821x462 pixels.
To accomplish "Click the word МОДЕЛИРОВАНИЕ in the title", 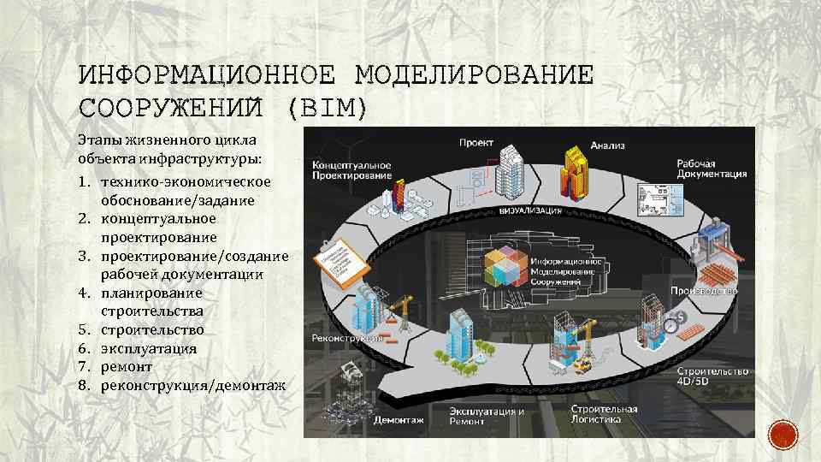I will [473, 76].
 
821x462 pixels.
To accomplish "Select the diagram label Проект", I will [476, 142].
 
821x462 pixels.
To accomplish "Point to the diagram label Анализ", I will [607, 145].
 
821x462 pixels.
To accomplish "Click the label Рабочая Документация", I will [712, 168].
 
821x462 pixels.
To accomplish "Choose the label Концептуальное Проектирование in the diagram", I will [351, 169].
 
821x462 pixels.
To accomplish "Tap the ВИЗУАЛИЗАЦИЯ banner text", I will [529, 210].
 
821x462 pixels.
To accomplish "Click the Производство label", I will [704, 291].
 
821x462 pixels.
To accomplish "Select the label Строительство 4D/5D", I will [712, 376].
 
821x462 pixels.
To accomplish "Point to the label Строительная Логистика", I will [605, 413].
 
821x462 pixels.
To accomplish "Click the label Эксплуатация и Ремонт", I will [487, 416].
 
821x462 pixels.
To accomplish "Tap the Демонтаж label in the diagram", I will [399, 420].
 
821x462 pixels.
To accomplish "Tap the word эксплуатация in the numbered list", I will [149, 349].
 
